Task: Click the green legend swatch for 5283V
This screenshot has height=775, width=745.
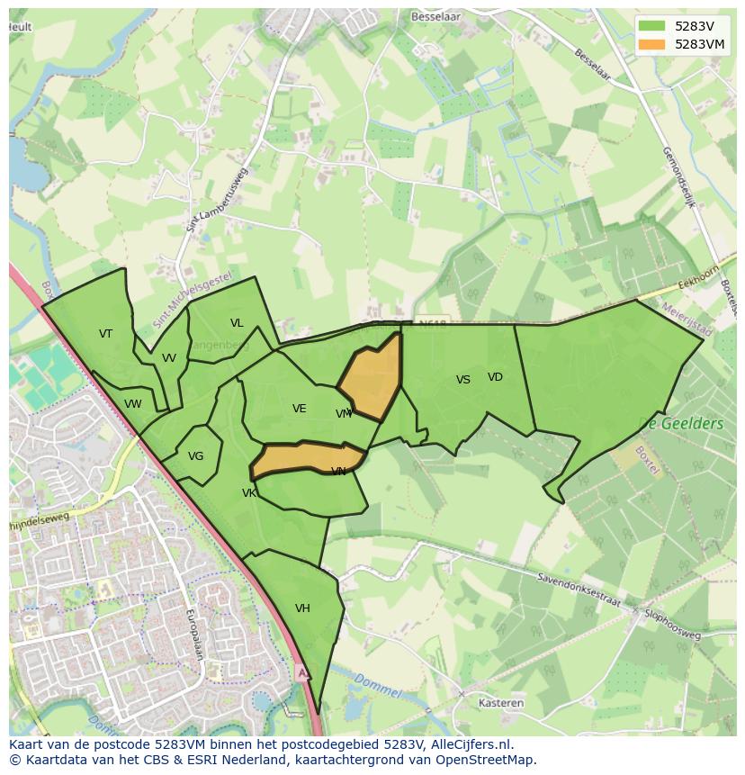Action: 653,26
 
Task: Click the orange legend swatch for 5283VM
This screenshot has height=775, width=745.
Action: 653,44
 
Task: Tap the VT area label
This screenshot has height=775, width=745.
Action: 106,334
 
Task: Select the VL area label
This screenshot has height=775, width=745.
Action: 237,323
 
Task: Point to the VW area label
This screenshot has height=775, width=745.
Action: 133,404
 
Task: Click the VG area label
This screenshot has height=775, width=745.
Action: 196,456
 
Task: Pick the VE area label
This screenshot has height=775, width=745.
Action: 300,409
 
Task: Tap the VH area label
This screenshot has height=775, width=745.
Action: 302,608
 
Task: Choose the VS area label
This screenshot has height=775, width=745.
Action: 463,380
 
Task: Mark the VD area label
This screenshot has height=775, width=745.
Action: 495,377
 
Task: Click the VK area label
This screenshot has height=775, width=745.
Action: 249,493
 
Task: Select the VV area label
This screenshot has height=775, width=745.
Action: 169,358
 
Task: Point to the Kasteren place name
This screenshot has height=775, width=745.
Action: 502,703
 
